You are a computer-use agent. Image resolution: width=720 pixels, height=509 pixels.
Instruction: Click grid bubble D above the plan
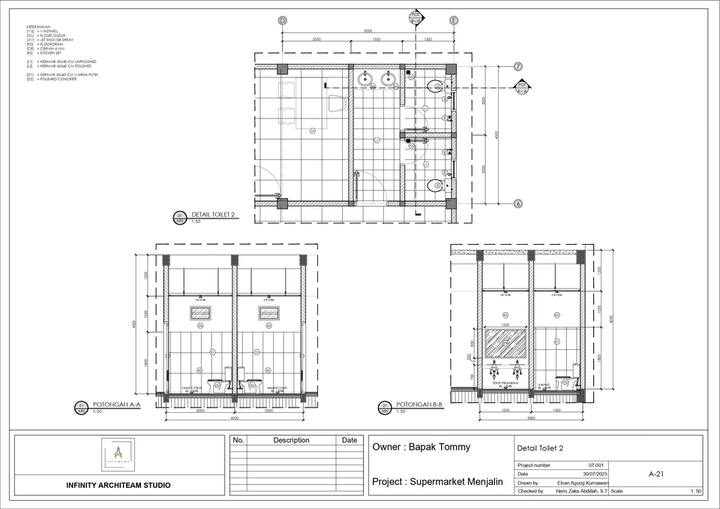tap(283, 20)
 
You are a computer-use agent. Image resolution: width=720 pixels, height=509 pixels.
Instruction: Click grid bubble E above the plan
tap(454, 20)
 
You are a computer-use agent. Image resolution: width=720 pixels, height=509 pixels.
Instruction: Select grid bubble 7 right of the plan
tap(518, 66)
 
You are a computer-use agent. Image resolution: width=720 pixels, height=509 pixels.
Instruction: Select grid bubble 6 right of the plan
tap(518, 203)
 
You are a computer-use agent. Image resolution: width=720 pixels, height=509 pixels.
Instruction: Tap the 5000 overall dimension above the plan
tap(367, 32)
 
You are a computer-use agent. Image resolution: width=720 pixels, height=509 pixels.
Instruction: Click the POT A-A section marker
tap(523, 87)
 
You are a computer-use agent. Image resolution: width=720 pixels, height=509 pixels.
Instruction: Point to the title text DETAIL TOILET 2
tap(214, 215)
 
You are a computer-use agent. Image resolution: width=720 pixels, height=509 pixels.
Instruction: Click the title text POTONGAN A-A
tap(115, 405)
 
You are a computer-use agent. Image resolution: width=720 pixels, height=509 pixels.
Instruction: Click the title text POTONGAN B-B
tap(419, 404)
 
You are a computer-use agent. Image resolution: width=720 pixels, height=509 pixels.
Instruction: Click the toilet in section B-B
tap(567, 381)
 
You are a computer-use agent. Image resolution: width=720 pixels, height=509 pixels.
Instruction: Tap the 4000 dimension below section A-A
tap(234, 418)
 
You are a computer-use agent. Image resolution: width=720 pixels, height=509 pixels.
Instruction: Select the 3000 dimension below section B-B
tap(530, 418)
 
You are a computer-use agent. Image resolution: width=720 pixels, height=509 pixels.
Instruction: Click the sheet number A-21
tap(656, 474)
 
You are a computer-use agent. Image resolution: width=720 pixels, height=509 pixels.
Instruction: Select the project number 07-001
tap(597, 465)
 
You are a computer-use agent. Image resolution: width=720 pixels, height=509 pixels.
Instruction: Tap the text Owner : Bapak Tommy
tap(421, 447)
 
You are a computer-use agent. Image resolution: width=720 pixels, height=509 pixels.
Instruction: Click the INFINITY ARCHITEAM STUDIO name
tap(118, 485)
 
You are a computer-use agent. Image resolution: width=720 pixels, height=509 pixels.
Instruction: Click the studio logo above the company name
tap(118, 454)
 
